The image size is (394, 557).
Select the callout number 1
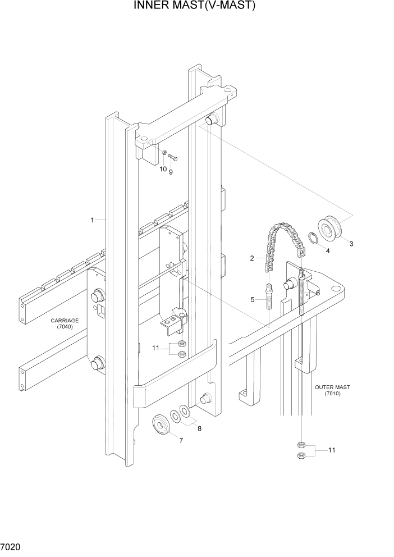point(92,220)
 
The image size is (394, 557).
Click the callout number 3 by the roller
point(351,244)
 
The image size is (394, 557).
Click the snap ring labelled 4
point(315,239)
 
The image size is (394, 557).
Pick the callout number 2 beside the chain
point(252,258)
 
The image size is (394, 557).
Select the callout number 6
point(318,293)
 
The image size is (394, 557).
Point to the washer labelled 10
point(164,153)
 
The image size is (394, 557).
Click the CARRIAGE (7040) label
point(65,324)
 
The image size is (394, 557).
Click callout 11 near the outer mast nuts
point(332,450)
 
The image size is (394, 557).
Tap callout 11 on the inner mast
point(157,348)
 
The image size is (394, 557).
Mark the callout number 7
point(181,440)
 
